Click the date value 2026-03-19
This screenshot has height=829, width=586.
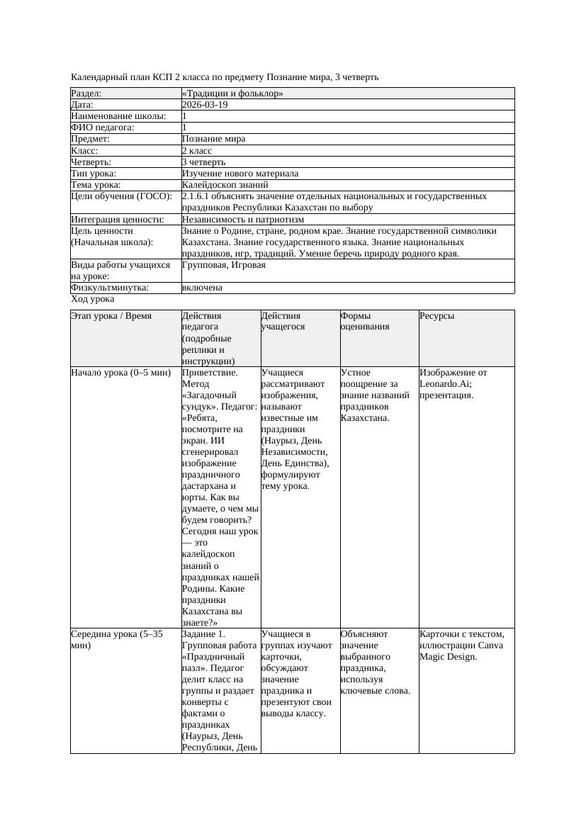[x=205, y=105]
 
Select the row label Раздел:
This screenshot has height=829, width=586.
[x=86, y=94]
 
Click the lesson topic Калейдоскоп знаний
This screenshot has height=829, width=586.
[x=220, y=185]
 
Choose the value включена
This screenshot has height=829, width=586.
[x=202, y=288]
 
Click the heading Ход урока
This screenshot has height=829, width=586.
[x=93, y=299]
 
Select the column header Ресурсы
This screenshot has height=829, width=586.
[x=436, y=316]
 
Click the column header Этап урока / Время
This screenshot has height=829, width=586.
[x=111, y=316]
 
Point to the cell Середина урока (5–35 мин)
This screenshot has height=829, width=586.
[x=117, y=640]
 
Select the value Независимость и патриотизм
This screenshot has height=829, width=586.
[x=243, y=220]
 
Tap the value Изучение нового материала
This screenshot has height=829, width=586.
[x=240, y=174]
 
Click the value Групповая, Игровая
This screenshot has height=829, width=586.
[x=224, y=265]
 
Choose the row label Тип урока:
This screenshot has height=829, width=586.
[x=94, y=174]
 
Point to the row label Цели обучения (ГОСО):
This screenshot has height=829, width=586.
[x=121, y=196]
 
